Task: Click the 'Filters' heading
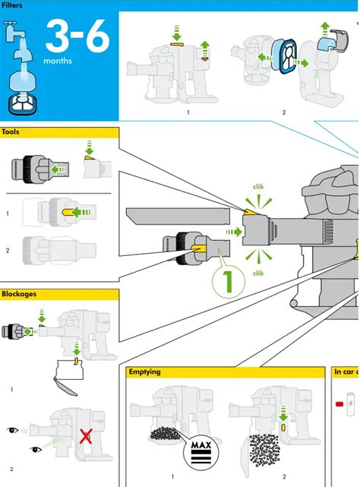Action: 11,5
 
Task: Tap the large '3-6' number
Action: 77,36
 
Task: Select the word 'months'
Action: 58,61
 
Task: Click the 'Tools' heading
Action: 10,132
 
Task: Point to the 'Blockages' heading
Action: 19,294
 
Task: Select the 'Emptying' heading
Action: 144,372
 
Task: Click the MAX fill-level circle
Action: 201,452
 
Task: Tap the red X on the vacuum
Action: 85,436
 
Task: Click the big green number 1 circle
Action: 229,282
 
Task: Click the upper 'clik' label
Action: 258,187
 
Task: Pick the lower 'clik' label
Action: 258,273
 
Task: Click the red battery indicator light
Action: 339,404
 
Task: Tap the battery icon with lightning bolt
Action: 350,403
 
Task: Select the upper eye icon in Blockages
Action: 12,430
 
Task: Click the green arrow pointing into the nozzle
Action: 234,232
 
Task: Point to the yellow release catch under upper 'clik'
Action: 251,212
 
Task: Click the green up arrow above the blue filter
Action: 325,29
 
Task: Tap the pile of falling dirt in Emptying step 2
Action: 264,450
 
